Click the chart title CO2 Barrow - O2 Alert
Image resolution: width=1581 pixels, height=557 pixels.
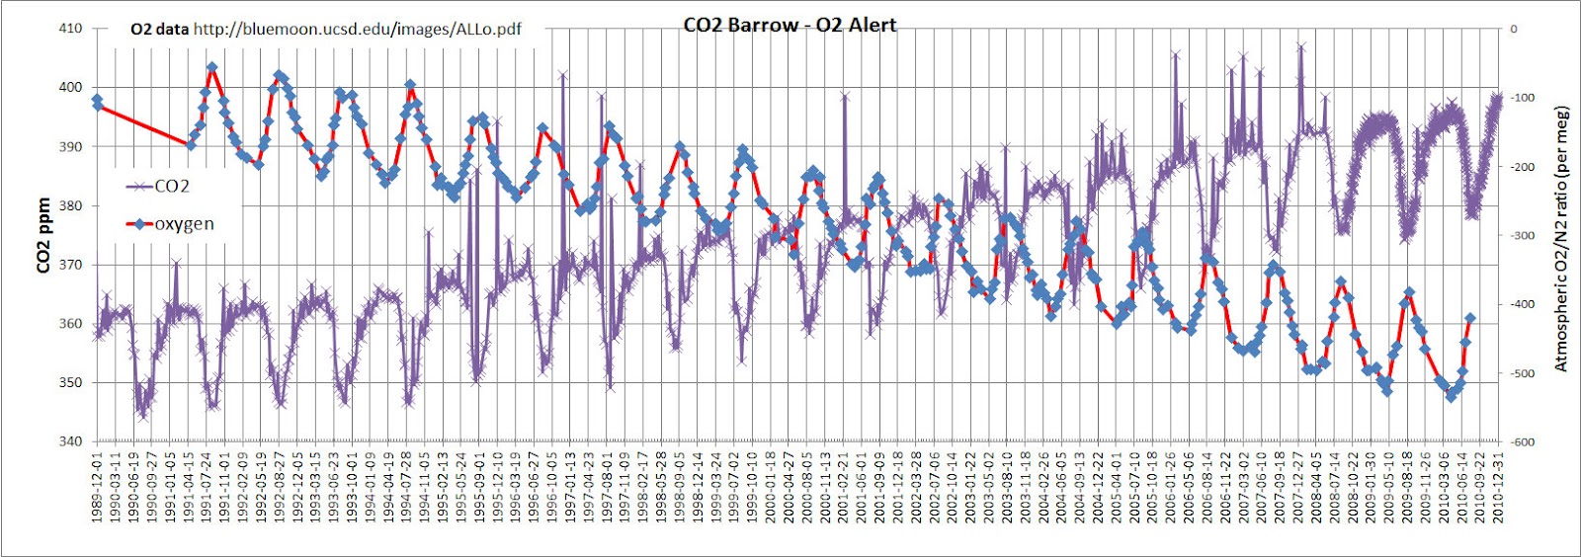[x=790, y=25]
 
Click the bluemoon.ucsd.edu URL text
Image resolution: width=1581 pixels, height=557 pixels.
[x=357, y=29]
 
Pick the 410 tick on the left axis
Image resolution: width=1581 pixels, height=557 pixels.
[x=70, y=29]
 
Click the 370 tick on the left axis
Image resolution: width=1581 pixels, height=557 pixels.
[x=70, y=265]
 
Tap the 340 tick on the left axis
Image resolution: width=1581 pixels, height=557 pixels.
[x=70, y=441]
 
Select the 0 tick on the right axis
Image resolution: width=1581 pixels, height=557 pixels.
[x=1513, y=29]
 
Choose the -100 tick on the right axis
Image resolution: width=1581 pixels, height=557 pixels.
[x=1522, y=98]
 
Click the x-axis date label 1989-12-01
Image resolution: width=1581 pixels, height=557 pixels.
[x=97, y=488]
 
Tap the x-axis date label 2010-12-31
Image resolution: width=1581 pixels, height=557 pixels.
[x=1499, y=488]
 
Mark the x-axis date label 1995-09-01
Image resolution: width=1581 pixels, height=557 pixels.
[x=479, y=488]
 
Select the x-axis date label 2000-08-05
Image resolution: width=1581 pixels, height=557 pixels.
[x=807, y=488]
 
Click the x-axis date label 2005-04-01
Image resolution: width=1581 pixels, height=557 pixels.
[x=1118, y=488]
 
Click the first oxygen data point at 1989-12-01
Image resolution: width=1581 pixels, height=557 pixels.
[x=97, y=101]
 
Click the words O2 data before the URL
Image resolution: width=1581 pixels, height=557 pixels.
[x=159, y=29]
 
